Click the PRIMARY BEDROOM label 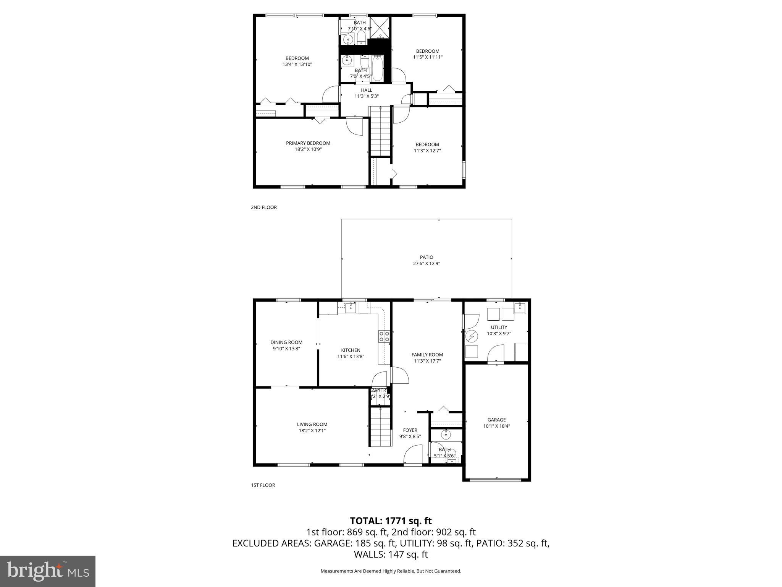click(308, 143)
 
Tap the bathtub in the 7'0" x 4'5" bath click(377, 68)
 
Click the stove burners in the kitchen click(384, 336)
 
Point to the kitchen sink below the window click(351, 308)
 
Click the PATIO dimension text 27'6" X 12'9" click(427, 263)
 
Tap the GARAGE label click(496, 420)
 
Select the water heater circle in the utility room click(472, 336)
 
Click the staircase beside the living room click(381, 426)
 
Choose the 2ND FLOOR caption click(263, 208)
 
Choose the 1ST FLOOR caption click(263, 485)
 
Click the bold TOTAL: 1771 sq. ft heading click(391, 521)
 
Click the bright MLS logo click(47, 571)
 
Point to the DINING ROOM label click(286, 342)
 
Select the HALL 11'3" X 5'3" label click(367, 93)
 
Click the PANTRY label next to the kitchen click(380, 390)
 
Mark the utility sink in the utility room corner click(520, 307)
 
